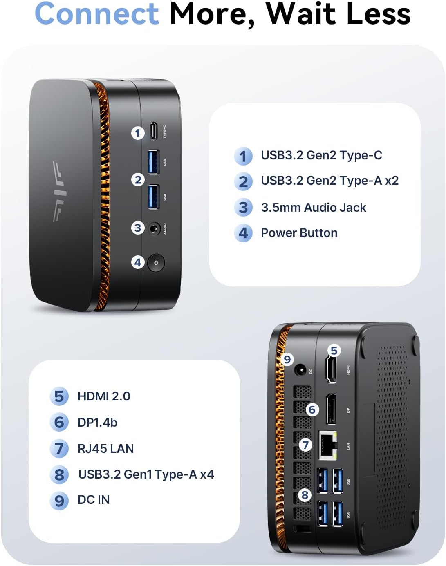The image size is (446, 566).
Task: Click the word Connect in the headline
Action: click(x=96, y=14)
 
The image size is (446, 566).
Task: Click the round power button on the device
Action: click(x=156, y=263)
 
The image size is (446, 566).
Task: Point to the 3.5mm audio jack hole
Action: click(x=154, y=228)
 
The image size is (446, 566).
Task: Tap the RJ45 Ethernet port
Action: click(x=328, y=444)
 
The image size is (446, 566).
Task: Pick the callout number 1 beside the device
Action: click(x=138, y=133)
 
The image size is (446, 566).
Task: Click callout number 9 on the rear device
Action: click(x=287, y=359)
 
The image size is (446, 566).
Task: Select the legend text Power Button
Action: click(x=299, y=233)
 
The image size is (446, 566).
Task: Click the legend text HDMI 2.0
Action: click(x=104, y=396)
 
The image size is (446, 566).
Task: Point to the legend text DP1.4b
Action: click(x=97, y=422)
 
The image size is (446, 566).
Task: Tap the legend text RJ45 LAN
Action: click(x=105, y=448)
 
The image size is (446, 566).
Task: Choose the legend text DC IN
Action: click(x=94, y=499)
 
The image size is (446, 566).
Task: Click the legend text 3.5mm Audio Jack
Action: click(x=313, y=208)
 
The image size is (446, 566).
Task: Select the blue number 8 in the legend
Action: click(x=59, y=474)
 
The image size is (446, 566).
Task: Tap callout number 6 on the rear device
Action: click(x=312, y=409)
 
